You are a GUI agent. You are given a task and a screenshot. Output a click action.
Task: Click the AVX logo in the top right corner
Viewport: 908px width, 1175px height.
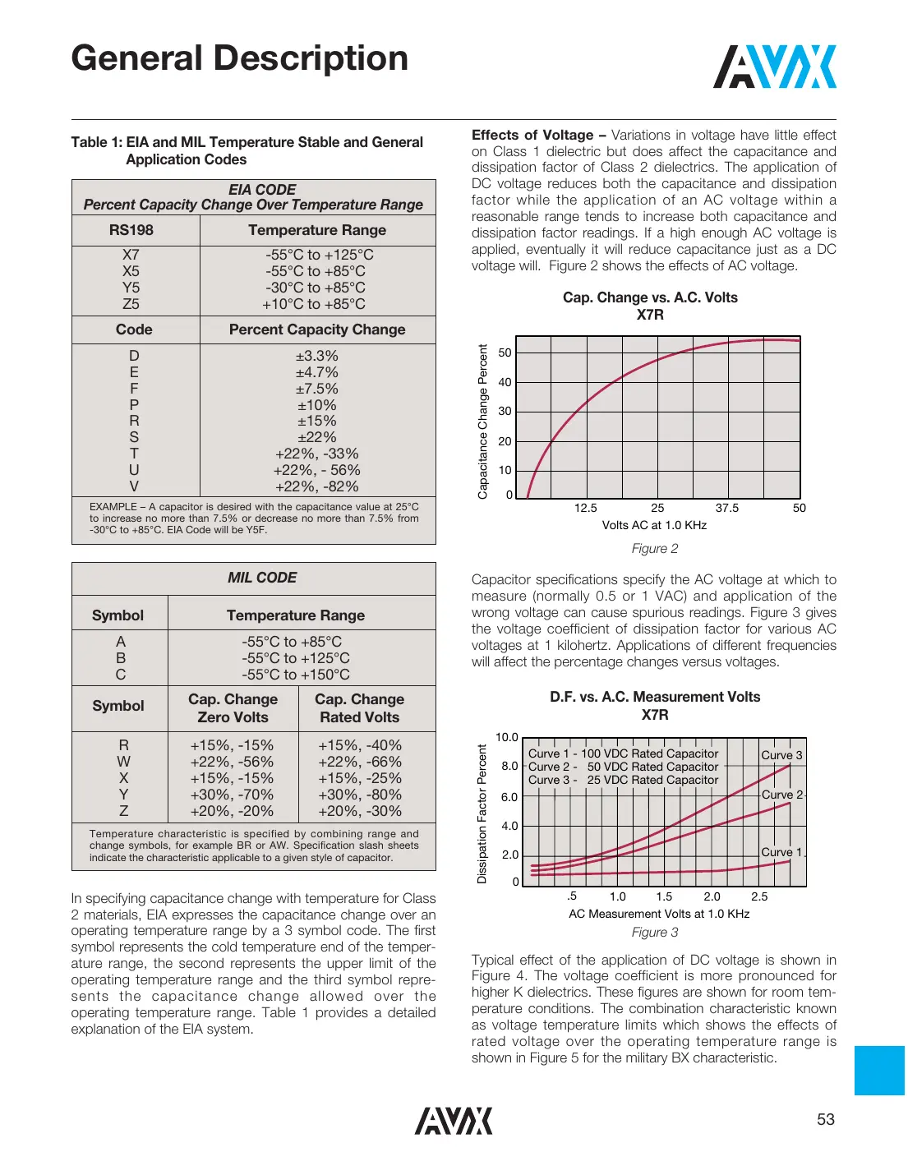point(774,67)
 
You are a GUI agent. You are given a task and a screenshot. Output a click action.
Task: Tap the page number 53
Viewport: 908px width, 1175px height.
point(825,1119)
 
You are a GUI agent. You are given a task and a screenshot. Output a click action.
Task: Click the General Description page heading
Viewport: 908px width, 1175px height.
point(239,58)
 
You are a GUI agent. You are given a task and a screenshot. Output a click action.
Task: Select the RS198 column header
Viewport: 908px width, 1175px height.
point(131,230)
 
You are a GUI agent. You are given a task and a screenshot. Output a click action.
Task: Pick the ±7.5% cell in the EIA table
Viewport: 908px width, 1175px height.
point(317,389)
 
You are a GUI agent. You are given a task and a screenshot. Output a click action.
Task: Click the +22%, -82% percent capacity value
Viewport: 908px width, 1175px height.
point(317,486)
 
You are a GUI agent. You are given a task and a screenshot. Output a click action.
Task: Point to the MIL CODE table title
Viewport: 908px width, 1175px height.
point(262,578)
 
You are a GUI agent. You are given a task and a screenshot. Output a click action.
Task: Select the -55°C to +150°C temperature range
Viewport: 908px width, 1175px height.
point(296,675)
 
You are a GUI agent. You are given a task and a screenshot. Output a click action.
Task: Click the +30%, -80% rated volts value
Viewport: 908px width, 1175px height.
point(360,795)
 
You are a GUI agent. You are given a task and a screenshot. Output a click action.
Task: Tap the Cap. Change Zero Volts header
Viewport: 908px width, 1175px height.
point(233,708)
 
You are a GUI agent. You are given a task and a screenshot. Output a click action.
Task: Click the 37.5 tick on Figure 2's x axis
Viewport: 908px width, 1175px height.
point(726,508)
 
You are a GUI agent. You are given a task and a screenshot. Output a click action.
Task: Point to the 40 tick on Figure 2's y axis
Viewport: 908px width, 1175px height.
point(505,382)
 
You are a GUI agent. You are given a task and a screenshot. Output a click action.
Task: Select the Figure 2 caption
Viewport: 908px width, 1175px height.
point(655,549)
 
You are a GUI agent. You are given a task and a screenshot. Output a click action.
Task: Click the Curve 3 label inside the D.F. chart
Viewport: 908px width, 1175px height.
point(781,755)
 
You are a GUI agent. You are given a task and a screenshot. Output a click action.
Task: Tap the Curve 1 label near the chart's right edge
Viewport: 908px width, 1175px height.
point(781,852)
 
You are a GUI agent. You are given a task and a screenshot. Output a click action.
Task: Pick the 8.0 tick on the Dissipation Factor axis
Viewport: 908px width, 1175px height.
point(509,766)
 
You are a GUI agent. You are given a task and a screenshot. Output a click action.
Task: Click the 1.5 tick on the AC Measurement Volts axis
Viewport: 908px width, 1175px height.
point(664,896)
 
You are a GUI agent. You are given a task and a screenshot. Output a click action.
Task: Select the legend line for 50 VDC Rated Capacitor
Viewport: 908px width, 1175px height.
point(624,767)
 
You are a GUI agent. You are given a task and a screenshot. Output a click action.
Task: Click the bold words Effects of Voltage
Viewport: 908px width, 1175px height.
point(532,135)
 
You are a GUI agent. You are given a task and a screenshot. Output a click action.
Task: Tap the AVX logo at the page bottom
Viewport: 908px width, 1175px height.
point(454,1121)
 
